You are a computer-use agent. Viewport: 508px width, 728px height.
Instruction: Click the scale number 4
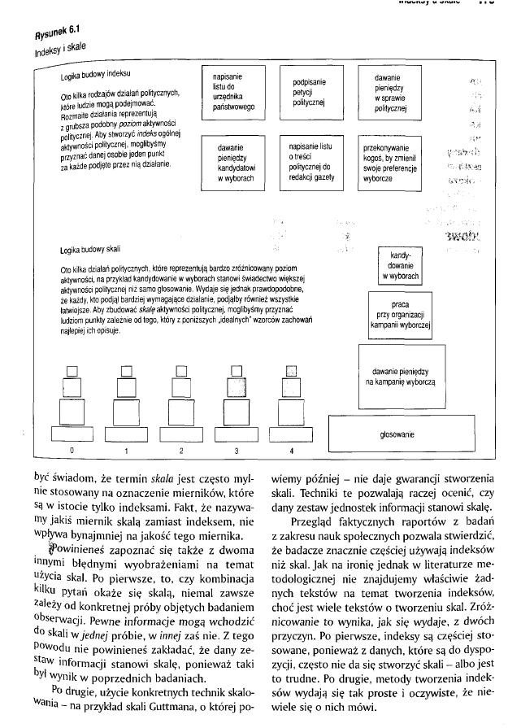click(292, 449)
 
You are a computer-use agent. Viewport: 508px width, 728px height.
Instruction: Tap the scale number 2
click(181, 449)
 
